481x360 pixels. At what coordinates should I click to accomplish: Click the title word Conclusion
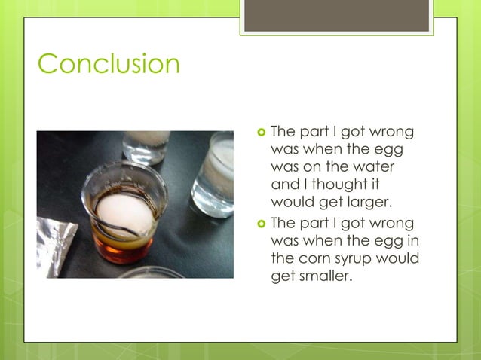(109, 63)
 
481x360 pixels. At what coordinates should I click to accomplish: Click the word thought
(342, 183)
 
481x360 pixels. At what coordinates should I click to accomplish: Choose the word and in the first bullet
(283, 183)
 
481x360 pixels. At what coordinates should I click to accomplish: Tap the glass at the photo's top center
(146, 145)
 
